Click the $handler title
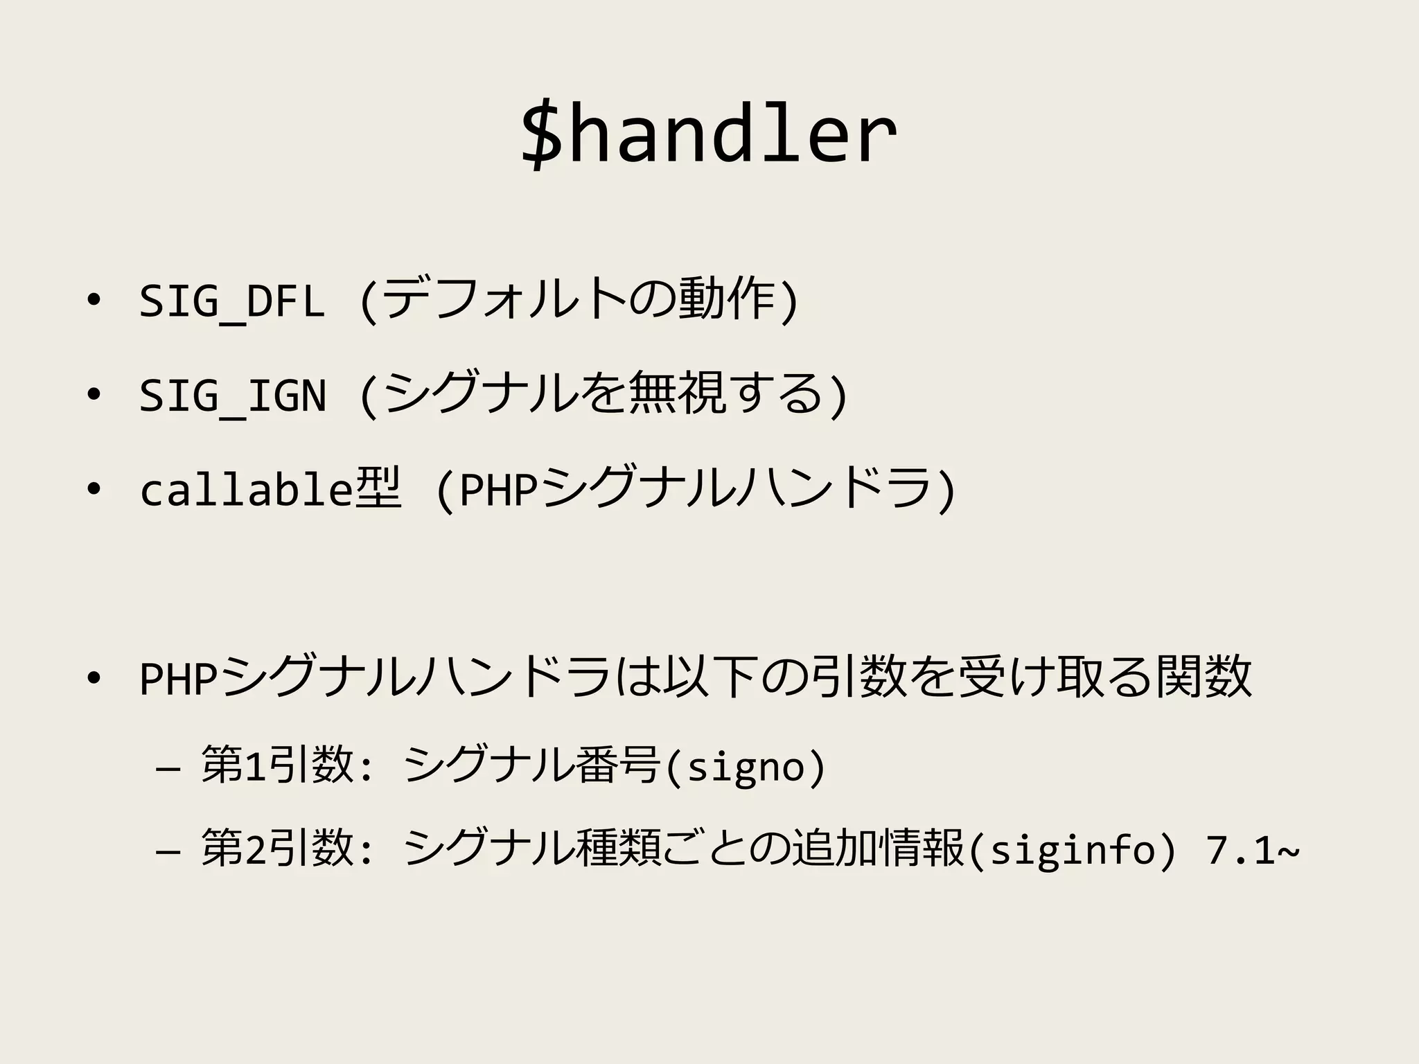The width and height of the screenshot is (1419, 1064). [x=708, y=134]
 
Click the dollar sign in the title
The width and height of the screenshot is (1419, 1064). [x=542, y=134]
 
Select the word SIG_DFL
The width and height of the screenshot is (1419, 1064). [x=232, y=301]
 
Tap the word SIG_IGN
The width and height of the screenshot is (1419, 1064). [x=232, y=396]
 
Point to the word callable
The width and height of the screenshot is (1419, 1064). [x=245, y=490]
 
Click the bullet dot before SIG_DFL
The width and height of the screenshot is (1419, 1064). [x=92, y=300]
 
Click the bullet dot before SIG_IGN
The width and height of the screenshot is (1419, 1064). [x=92, y=394]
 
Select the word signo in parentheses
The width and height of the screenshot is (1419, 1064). [x=746, y=768]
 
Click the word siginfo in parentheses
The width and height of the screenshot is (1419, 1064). [x=1072, y=851]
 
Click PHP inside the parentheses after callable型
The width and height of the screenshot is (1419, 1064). [x=499, y=490]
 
